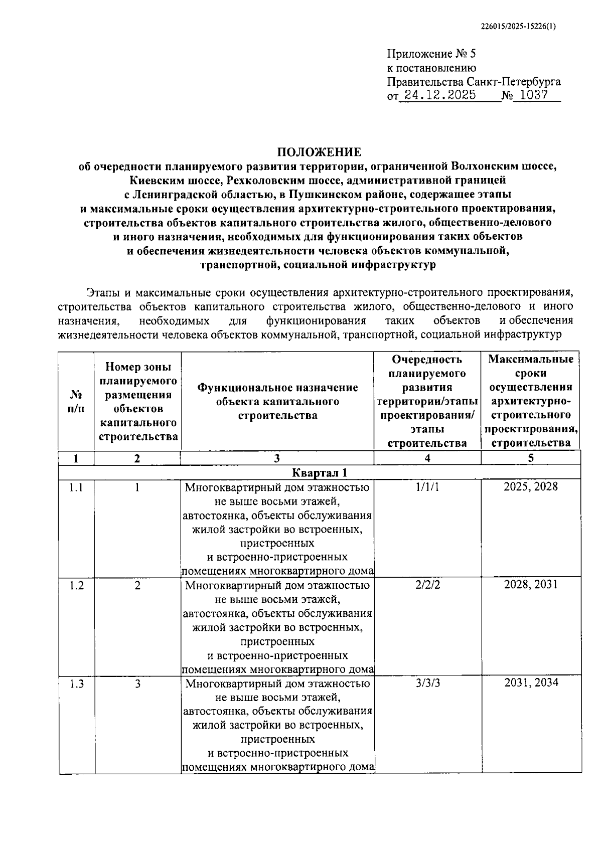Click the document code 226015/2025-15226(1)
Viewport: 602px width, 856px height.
click(x=518, y=28)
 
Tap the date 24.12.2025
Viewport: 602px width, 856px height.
click(x=440, y=95)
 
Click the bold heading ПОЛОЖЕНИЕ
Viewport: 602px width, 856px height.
click(x=320, y=151)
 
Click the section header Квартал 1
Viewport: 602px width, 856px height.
click(x=320, y=472)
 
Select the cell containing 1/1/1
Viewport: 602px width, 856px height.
click(x=427, y=487)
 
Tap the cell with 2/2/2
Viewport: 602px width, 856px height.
click(x=427, y=585)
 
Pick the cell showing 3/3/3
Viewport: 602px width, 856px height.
click(x=427, y=683)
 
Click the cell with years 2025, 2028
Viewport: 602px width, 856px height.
click(x=530, y=487)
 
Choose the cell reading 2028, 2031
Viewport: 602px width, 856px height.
click(x=530, y=585)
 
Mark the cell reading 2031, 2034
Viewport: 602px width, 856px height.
click(x=531, y=683)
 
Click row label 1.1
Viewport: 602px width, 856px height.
click(x=76, y=487)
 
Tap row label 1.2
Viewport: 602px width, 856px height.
click(x=76, y=585)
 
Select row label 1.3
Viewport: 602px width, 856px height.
click(x=76, y=683)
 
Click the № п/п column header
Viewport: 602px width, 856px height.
click(x=76, y=401)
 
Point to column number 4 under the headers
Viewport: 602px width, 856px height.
click(x=427, y=458)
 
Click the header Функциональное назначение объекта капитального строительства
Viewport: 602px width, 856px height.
click(x=277, y=401)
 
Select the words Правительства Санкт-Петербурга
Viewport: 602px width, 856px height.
click(x=474, y=82)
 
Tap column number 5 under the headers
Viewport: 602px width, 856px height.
click(x=530, y=458)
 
